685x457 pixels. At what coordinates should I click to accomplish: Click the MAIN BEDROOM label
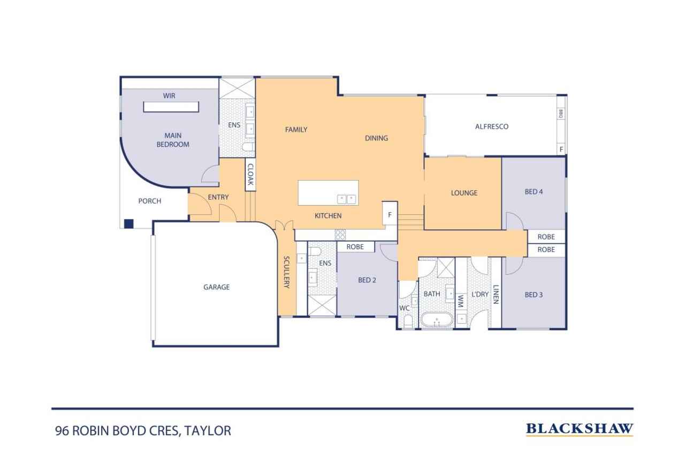[172, 140]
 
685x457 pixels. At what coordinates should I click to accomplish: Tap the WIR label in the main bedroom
[169, 96]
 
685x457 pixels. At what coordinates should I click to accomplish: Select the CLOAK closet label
[250, 174]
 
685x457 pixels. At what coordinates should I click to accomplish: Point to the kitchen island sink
[346, 199]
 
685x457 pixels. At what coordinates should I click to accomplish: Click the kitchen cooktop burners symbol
[340, 235]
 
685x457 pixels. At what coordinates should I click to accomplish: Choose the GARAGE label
[216, 287]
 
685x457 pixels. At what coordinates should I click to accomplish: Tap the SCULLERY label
[286, 272]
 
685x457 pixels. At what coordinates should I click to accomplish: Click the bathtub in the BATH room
[436, 320]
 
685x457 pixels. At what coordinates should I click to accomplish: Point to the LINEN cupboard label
[496, 294]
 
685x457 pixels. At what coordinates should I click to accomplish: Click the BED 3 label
[534, 295]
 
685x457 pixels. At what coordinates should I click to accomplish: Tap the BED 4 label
[534, 192]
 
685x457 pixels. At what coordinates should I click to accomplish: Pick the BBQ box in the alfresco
[561, 114]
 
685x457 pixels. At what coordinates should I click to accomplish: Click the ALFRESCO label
[491, 127]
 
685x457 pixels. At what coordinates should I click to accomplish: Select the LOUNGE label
[463, 193]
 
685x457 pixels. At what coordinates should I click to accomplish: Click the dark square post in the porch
[128, 224]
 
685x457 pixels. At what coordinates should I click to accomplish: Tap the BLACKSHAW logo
[579, 429]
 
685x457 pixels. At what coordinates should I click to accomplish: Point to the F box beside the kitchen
[390, 215]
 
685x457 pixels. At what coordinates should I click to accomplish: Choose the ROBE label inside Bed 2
[355, 247]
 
